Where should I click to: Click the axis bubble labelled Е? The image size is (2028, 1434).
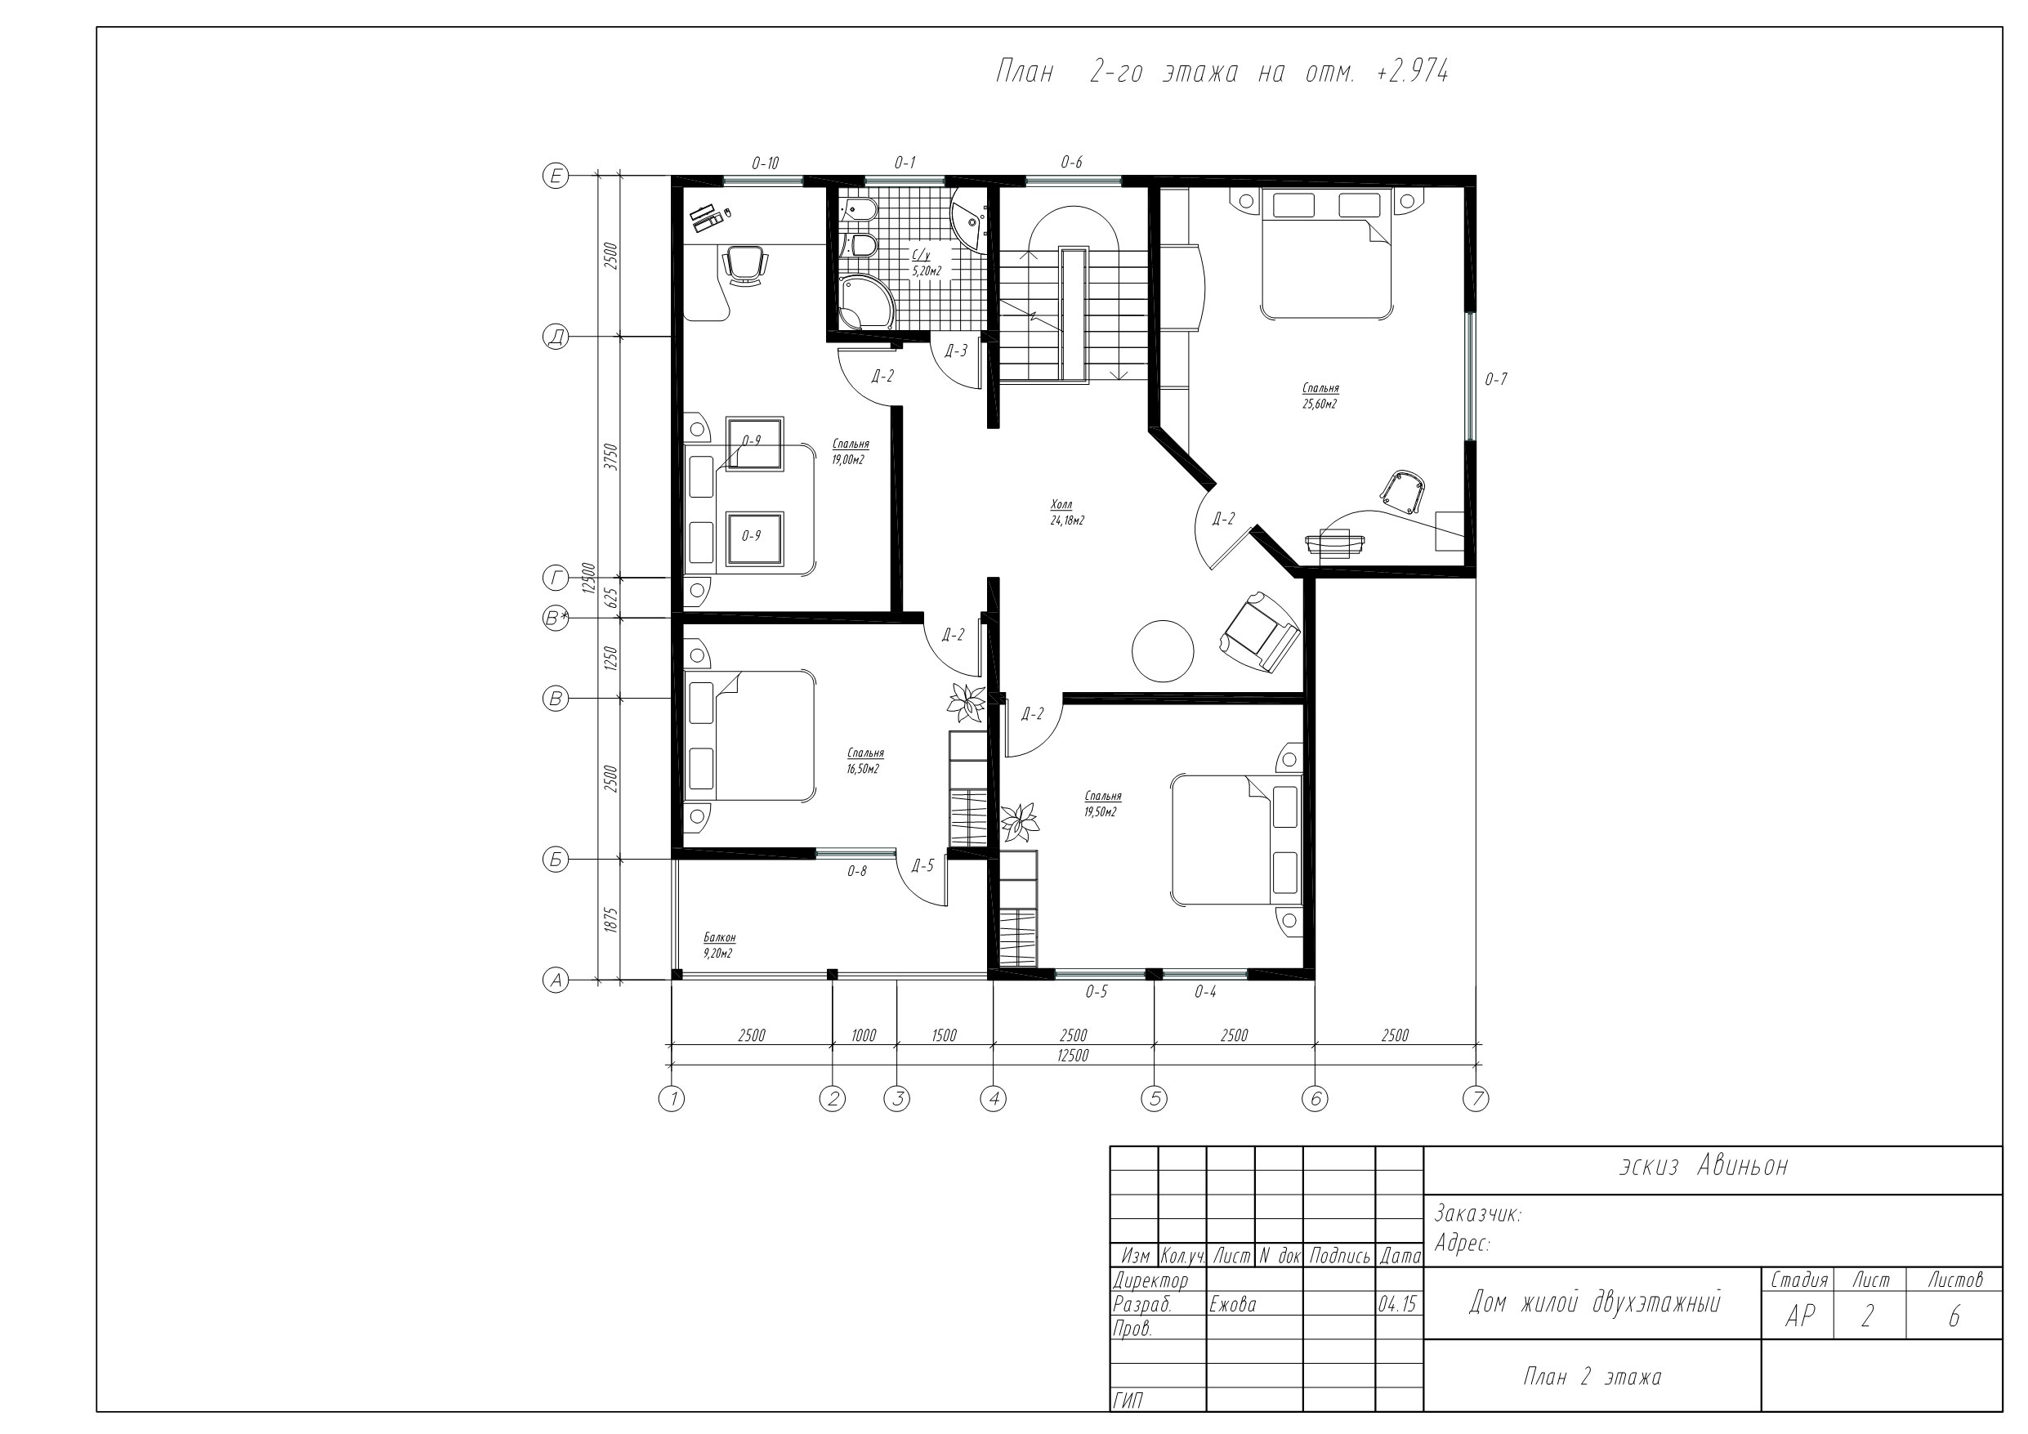(556, 176)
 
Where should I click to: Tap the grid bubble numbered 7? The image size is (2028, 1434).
(1476, 1098)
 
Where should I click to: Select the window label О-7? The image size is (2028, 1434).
(1495, 380)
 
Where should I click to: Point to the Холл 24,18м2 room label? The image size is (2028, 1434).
(1067, 512)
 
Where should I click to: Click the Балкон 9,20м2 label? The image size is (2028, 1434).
(719, 945)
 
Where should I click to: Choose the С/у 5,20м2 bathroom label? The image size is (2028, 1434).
(927, 263)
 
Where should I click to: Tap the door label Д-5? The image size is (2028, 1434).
(922, 866)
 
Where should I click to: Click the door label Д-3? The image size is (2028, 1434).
(956, 351)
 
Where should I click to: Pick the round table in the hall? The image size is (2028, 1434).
(1163, 651)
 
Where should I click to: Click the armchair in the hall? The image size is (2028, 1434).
(1260, 631)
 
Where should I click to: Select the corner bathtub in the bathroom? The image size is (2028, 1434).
(864, 302)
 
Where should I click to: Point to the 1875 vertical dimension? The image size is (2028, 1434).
(610, 920)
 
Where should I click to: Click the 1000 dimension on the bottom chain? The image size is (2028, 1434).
(863, 1035)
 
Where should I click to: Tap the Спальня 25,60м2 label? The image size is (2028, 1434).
(1320, 395)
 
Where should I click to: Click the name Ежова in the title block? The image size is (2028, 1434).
(1232, 1305)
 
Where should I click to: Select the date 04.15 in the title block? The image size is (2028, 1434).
(1397, 1305)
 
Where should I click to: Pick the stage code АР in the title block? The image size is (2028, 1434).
(1799, 1317)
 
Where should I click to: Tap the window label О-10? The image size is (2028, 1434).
(765, 163)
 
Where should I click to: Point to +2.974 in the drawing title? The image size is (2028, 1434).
(1413, 72)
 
